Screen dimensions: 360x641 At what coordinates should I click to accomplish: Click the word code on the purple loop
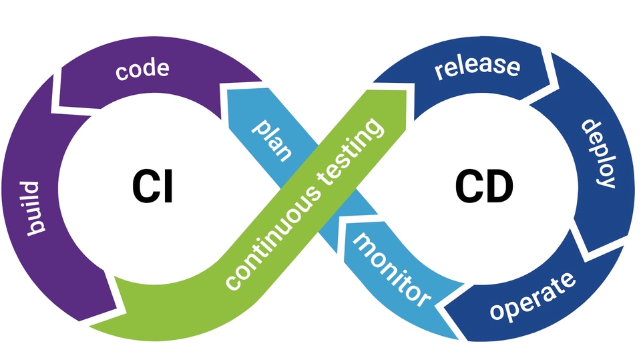click(x=142, y=69)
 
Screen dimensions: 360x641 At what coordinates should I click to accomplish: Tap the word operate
click(x=531, y=295)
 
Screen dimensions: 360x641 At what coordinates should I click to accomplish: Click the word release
click(x=477, y=67)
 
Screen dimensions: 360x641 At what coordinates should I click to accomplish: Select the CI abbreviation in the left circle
click(x=152, y=186)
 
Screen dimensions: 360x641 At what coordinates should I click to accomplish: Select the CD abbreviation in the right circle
click(x=484, y=186)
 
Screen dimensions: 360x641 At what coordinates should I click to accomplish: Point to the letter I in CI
click(x=168, y=186)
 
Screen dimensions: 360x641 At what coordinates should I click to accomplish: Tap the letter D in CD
click(x=499, y=186)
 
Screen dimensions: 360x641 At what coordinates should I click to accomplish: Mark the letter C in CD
click(x=469, y=186)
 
